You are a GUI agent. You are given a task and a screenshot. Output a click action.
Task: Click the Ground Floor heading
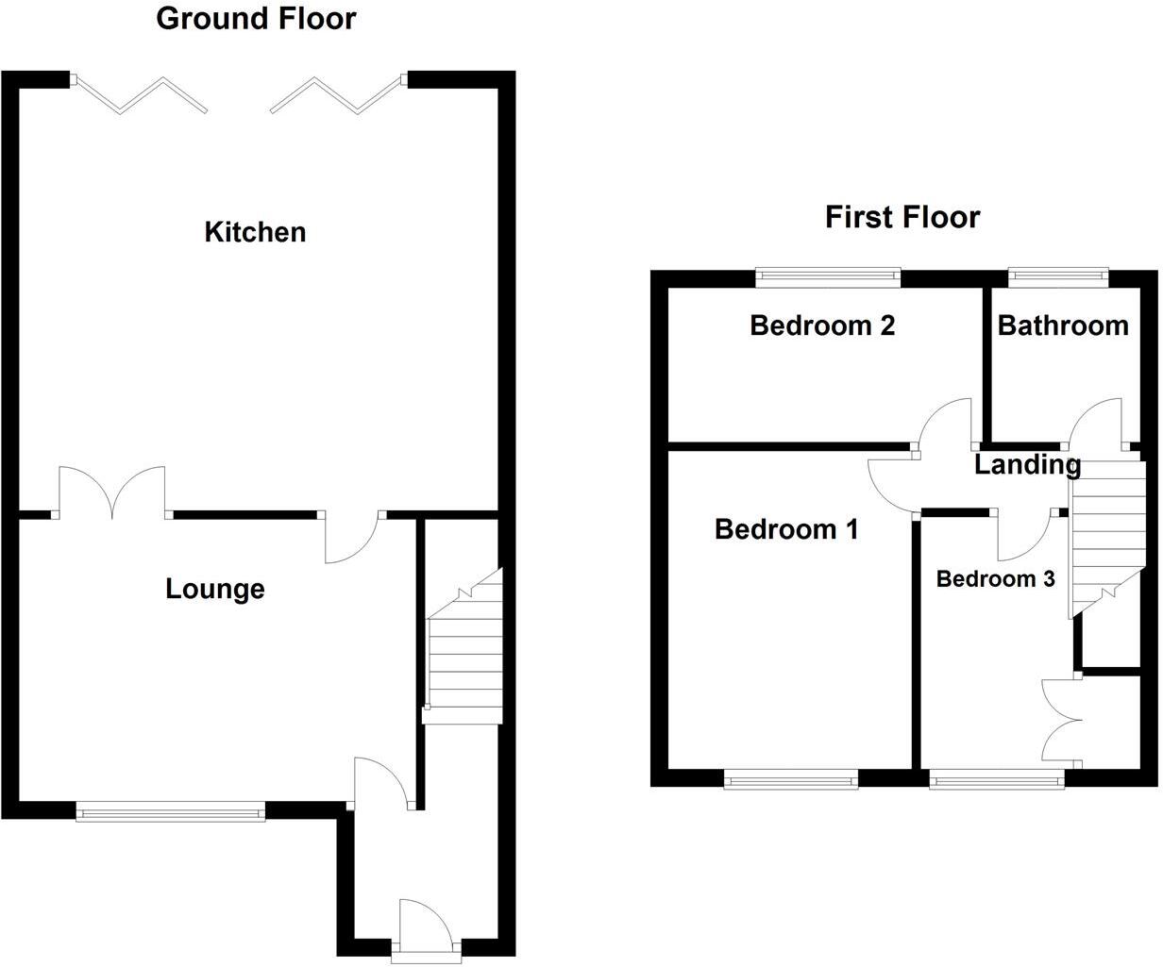pos(256,18)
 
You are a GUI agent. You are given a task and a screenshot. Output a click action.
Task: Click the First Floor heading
pos(902,217)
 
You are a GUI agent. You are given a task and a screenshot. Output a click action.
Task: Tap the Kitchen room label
pos(255,232)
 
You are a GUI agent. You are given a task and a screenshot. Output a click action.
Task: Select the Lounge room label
pos(215,590)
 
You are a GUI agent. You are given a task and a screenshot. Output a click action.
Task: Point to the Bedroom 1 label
pos(786,529)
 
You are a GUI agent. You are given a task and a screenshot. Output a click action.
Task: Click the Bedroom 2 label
pos(822,326)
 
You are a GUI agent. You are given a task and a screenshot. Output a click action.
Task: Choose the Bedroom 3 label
pos(995,579)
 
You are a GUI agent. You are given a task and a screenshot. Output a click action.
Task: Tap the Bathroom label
pos(1063,326)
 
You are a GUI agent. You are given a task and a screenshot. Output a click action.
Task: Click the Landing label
pos(1027,464)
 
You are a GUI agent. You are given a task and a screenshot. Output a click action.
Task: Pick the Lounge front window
pos(171,810)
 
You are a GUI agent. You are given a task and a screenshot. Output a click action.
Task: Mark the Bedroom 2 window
pos(828,276)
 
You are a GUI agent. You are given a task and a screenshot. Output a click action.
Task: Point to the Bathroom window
pos(1057,276)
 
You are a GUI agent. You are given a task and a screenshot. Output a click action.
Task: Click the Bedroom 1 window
pos(791,778)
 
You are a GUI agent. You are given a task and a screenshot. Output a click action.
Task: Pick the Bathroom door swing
pos(1096,422)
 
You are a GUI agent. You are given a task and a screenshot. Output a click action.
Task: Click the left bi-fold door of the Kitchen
pos(142,95)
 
